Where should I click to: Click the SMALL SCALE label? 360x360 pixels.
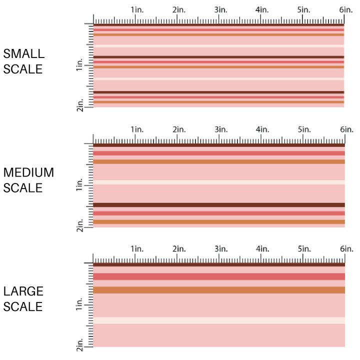[x=23, y=61]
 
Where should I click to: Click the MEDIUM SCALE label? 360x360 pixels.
[x=28, y=180]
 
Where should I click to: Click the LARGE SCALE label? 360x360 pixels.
[x=23, y=299]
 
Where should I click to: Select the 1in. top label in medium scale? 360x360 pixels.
[x=137, y=130]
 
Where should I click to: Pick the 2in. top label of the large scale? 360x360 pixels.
[x=179, y=249]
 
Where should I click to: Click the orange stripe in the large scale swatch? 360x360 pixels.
[x=219, y=290]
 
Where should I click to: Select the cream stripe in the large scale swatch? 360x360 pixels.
[x=219, y=320]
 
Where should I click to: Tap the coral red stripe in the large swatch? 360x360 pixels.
[x=219, y=276]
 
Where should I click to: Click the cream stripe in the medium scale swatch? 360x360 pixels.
[x=219, y=182]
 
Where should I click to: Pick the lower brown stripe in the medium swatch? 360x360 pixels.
[x=219, y=205]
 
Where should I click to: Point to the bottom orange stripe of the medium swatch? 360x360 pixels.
[x=219, y=222]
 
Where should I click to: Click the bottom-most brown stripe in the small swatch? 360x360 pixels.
[x=219, y=92]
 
